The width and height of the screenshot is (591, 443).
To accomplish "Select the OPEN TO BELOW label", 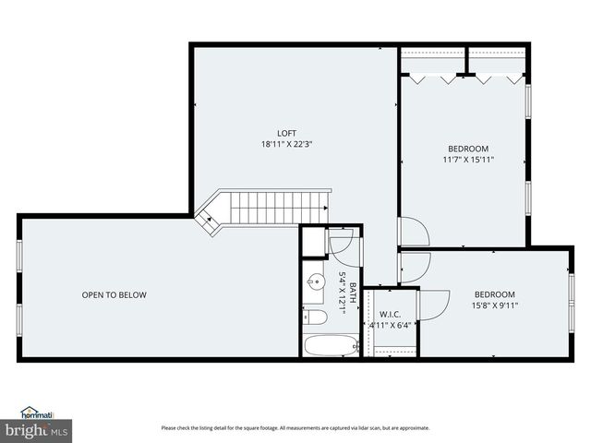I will tap(114, 295).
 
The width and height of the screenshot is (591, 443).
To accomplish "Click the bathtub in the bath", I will tap(331, 346).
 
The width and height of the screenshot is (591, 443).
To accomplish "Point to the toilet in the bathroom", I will tap(314, 317).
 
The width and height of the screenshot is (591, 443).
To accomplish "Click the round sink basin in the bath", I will tap(315, 281).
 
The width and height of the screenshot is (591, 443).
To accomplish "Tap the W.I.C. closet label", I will tap(390, 314).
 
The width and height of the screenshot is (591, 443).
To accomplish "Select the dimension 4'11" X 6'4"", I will tap(390, 325).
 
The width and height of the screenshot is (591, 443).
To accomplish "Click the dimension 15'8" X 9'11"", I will tap(495, 306).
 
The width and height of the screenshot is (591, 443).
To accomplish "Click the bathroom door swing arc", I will tap(342, 245).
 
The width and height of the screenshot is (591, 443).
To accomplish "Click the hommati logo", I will tap(37, 413).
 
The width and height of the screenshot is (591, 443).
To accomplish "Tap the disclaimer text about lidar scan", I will tap(295, 427).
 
